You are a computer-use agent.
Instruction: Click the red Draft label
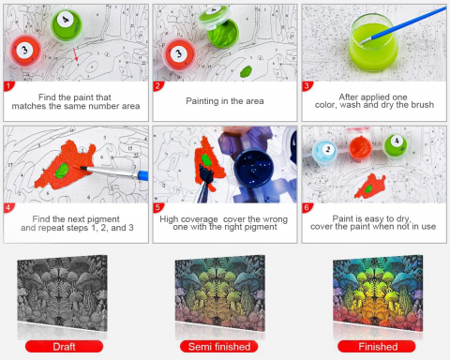click(64, 347)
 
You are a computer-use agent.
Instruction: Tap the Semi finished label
click(219, 347)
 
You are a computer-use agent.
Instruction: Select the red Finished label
click(377, 347)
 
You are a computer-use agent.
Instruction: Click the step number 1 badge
click(8, 86)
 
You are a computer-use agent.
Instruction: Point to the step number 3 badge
click(307, 86)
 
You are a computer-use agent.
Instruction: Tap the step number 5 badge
click(157, 207)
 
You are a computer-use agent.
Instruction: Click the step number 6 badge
click(307, 207)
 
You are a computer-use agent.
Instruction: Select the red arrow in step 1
click(76, 54)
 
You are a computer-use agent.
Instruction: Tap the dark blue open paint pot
click(253, 170)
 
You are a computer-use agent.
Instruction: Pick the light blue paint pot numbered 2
click(325, 152)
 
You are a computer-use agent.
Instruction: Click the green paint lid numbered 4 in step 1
click(67, 24)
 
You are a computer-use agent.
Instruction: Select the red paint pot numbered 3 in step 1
click(25, 52)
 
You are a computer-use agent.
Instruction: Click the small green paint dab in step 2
click(246, 71)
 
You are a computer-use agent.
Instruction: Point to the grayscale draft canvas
click(62, 293)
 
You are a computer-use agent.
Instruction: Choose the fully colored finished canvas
click(378, 293)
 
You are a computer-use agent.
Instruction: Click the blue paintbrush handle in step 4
click(142, 175)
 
